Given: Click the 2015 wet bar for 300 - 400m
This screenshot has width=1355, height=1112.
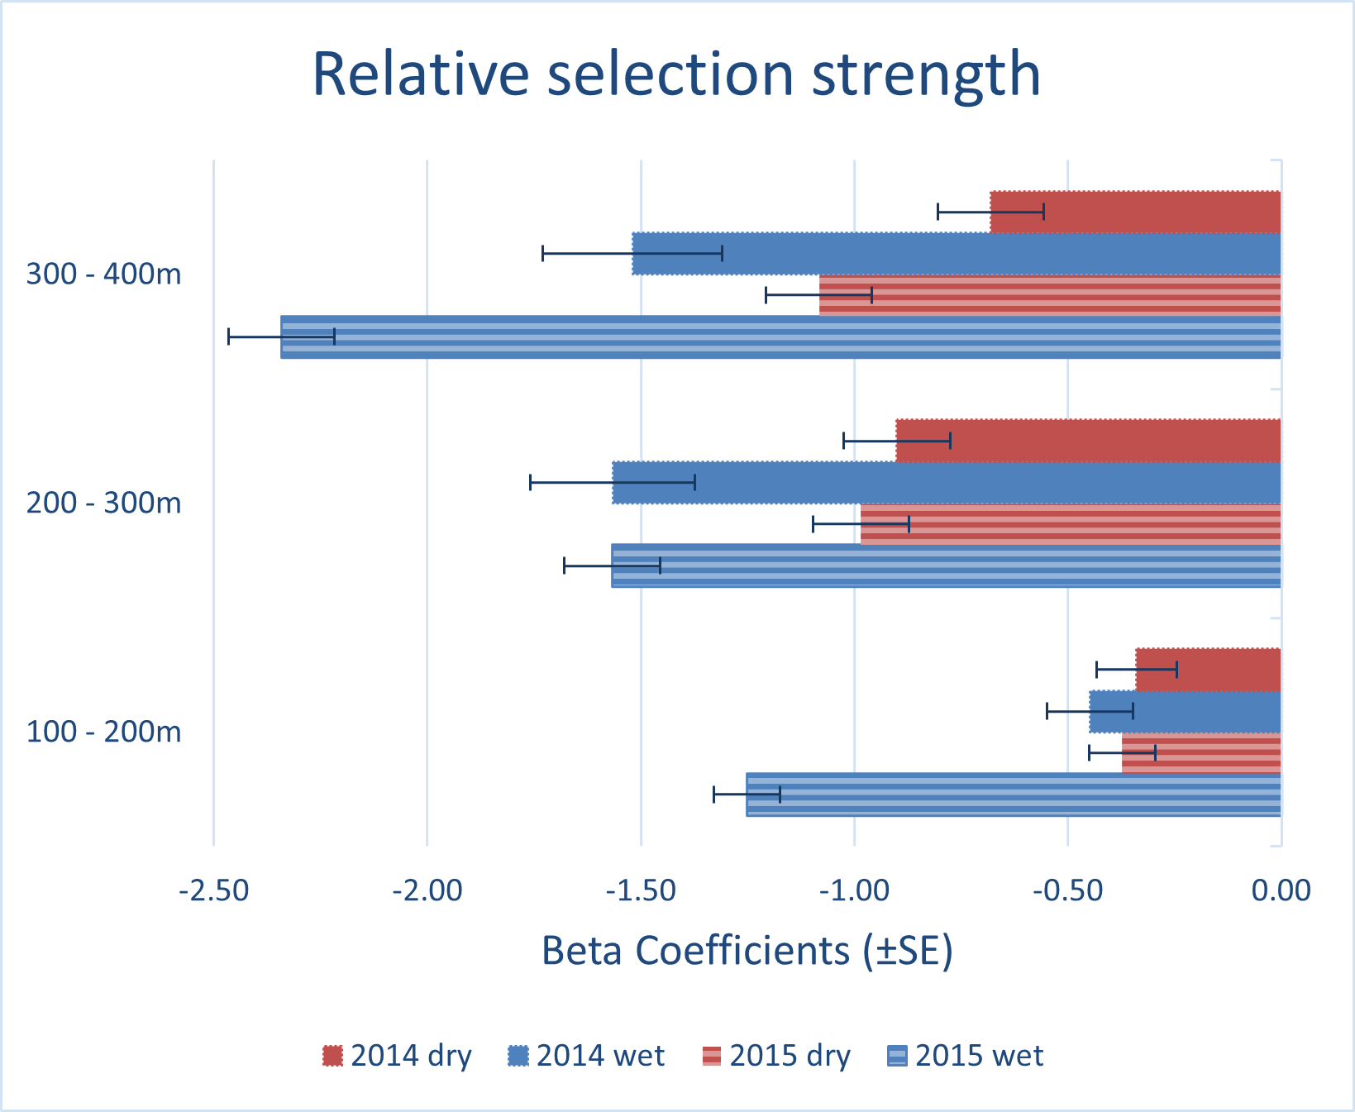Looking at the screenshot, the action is point(780,336).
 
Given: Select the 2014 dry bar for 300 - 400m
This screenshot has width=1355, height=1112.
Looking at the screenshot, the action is point(1136,212).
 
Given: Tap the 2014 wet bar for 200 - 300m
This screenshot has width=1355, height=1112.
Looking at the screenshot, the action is point(947,483).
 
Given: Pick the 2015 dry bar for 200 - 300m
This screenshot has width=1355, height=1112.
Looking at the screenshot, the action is point(1071,524).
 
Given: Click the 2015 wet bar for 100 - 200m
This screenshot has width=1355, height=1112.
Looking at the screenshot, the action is point(1014,795).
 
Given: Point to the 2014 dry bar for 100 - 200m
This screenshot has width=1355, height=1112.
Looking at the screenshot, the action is point(1208,670).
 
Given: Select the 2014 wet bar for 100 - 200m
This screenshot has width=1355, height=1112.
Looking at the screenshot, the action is point(1185,711).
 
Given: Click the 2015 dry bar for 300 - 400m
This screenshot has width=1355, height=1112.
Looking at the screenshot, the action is point(1050,295).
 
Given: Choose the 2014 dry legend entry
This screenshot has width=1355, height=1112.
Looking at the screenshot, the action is point(397,1056).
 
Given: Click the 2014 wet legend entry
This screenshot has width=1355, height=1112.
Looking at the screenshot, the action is point(586,1056).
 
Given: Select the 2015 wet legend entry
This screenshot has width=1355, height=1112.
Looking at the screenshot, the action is point(965,1056).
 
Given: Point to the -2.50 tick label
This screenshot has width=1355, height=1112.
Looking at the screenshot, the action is point(214,890).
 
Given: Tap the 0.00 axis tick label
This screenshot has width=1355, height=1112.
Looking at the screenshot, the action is point(1281,890).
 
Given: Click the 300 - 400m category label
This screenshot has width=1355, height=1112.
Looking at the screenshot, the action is point(103,274).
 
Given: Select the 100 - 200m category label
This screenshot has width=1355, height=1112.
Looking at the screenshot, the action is point(103,732).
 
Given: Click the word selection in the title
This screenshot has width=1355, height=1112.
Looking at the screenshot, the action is point(670,74).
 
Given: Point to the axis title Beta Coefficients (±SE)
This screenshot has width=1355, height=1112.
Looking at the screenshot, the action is point(747,951).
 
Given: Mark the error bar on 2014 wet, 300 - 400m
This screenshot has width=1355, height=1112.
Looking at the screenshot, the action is point(632,253).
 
